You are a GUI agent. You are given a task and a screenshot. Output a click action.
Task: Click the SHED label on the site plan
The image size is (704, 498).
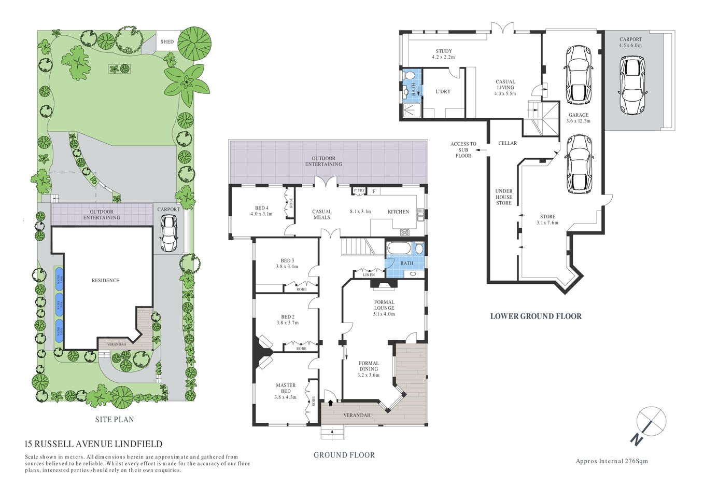coord(167,42)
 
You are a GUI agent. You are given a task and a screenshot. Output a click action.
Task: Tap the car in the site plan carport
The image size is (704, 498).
coord(168,233)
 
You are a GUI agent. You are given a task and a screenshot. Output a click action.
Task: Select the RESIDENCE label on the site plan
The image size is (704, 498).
coord(105,281)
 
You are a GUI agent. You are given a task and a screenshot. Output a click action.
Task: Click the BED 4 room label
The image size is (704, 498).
coord(261,211)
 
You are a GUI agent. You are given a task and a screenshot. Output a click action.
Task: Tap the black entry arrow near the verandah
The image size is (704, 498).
coord(330,403)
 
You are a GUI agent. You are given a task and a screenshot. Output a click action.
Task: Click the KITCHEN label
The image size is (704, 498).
coord(398,212)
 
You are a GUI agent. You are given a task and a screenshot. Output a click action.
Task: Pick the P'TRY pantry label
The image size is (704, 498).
coord(359,191)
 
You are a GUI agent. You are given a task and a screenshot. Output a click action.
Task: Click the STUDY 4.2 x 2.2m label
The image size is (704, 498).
coord(443,53)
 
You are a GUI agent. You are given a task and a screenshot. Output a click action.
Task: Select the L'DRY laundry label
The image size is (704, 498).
coord(443,92)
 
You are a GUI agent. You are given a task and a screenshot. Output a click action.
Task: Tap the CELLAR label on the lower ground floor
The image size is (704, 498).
coord(507,143)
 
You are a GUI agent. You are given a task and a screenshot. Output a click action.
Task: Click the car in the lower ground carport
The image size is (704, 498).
coord(631,87)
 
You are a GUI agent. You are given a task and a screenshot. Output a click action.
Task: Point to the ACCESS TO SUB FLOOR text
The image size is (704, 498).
coord(463,150)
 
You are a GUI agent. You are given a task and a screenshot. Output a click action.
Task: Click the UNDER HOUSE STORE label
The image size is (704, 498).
coord(503,197)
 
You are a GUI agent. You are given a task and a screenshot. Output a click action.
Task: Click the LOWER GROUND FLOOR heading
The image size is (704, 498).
coord(536,316)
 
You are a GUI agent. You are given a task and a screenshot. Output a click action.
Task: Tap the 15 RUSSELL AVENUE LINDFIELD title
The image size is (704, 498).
coord(93,444)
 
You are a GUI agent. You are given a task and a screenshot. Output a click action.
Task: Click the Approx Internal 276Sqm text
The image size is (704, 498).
coord(612,461)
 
